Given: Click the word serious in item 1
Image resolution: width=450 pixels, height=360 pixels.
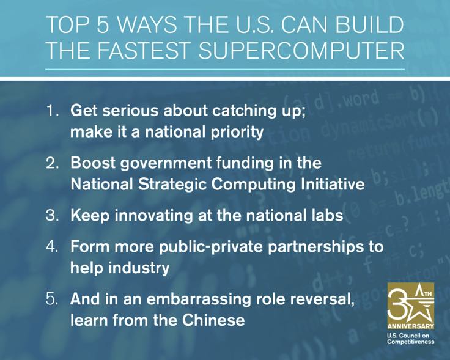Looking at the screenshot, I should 127,112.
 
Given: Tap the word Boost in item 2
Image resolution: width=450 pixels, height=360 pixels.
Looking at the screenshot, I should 92,164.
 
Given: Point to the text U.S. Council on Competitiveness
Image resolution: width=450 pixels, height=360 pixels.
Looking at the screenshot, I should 410,339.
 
